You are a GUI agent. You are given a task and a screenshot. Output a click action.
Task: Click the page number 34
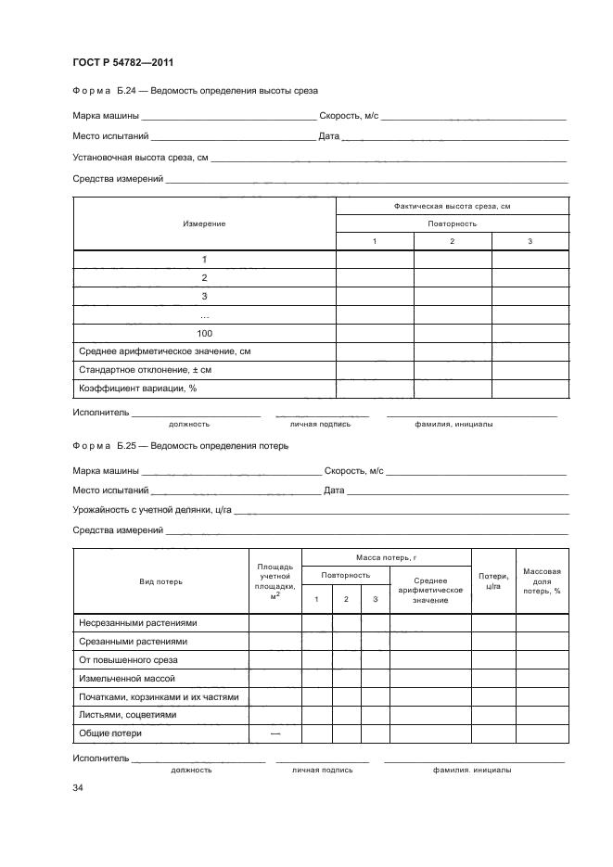coord(78,788)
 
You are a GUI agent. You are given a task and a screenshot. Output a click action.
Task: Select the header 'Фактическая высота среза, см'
coord(452,206)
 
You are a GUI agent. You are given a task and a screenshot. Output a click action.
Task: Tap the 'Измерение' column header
coord(204,223)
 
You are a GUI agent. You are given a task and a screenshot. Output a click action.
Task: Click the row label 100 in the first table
coord(204,333)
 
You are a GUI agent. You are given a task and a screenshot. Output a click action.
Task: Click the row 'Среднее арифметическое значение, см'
coord(164,351)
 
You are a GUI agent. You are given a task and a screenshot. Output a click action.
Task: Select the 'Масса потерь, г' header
coord(386,558)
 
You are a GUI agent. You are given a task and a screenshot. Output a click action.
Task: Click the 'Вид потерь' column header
coord(160,581)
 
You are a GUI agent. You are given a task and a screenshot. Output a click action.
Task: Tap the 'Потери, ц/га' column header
coord(493,581)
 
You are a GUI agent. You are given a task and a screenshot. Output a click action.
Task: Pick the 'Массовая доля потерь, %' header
coord(542,581)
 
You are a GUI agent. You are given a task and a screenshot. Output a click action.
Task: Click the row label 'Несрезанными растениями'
coord(138,623)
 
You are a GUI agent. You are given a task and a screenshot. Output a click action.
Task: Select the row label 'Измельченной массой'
coord(127,679)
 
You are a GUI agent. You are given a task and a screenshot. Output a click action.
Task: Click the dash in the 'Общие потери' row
coord(275,733)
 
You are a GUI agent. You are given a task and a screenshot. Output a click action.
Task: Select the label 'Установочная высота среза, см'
coord(140,158)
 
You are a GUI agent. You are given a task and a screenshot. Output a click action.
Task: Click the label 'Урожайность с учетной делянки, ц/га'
coord(152,510)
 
